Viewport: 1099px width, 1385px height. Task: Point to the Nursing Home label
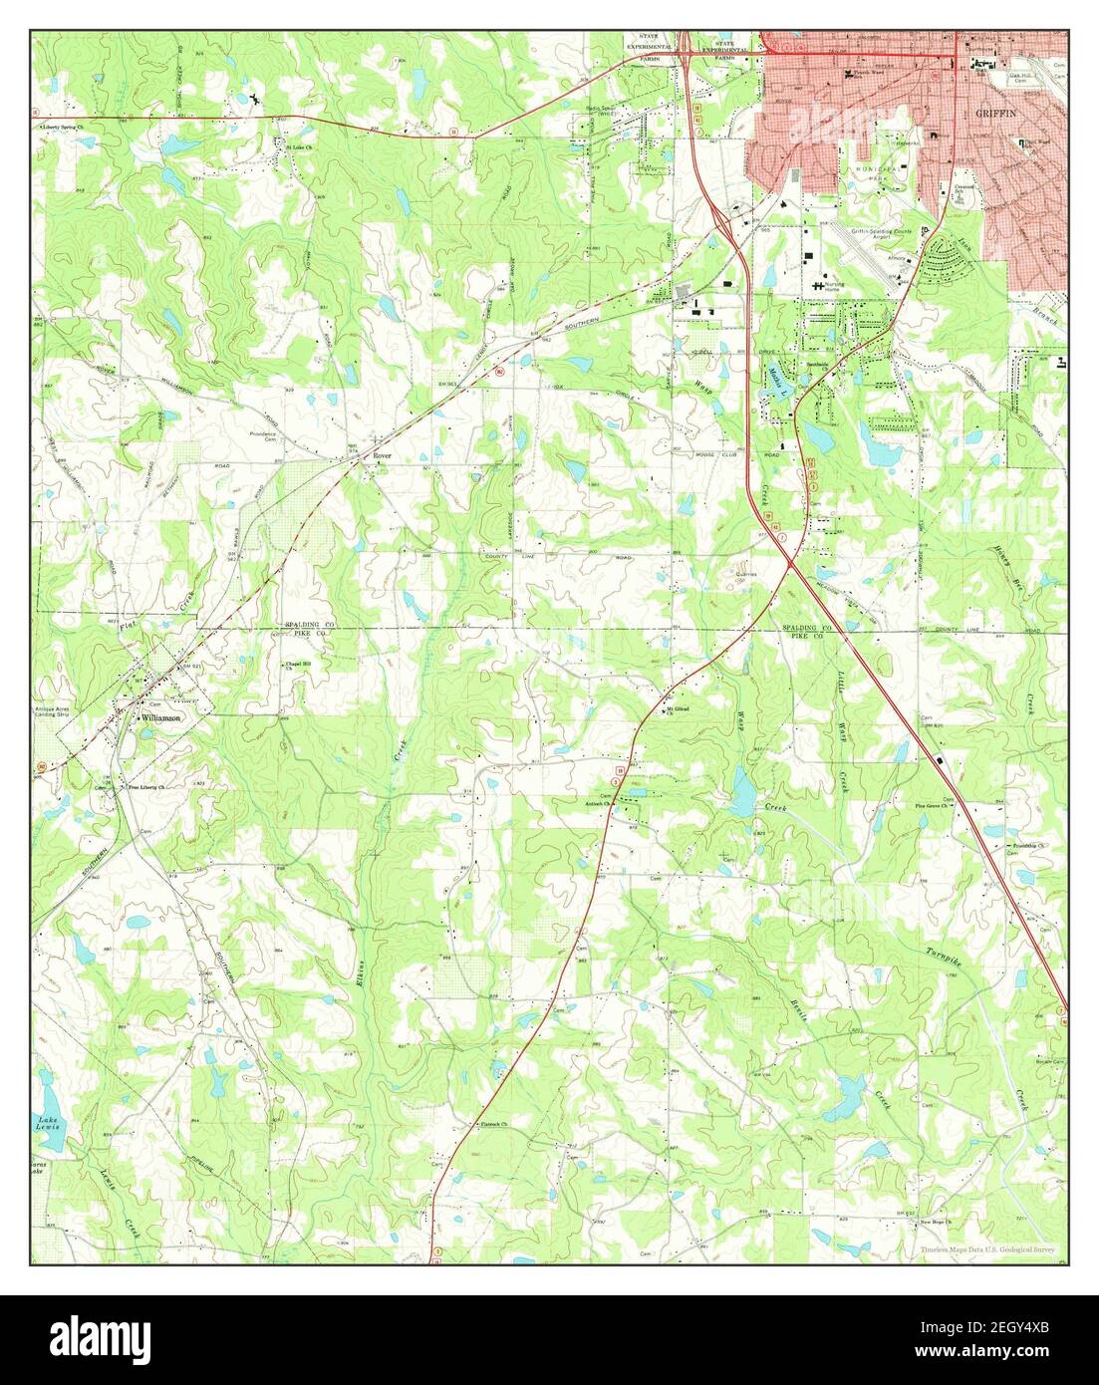point(833,287)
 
